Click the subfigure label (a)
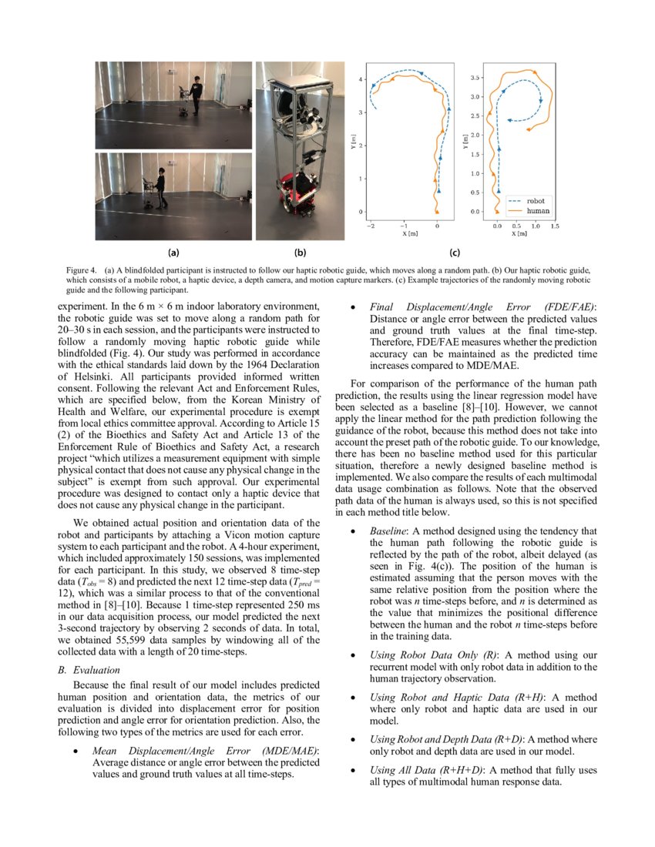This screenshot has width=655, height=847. tap(173, 252)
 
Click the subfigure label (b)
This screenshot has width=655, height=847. tap(299, 252)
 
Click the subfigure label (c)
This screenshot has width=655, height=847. tap(455, 252)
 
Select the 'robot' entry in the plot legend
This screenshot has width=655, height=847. tap(535, 199)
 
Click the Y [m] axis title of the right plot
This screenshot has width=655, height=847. tap(465, 142)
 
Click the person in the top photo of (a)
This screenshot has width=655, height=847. tap(196, 94)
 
